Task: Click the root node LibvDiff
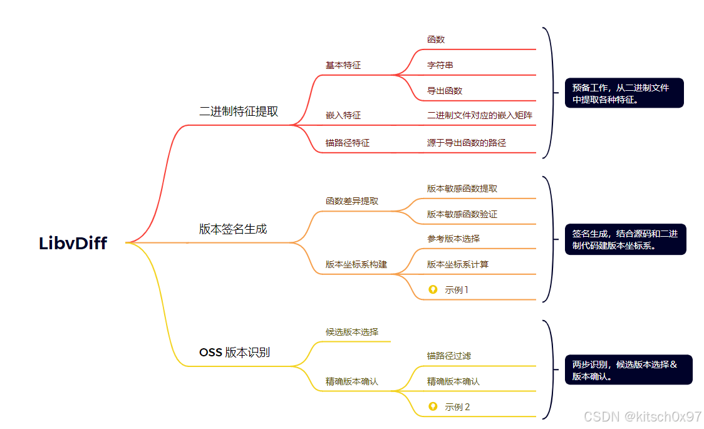pos(73,244)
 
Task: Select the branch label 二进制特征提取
pos(239,111)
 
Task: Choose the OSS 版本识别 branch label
pos(234,353)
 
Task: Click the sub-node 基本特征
pos(343,65)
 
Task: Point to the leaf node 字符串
pos(440,65)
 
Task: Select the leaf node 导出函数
pos(445,91)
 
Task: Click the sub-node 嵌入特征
pos(343,116)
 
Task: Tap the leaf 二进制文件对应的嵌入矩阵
pos(480,116)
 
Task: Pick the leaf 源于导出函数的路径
pos(467,143)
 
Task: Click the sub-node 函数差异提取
pos(352,202)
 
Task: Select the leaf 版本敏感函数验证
pos(462,214)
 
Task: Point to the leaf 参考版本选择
pos(453,239)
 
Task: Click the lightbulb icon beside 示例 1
pos(432,289)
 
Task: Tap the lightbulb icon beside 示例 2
pos(432,406)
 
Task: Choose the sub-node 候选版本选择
pos(352,332)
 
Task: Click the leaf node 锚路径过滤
pos(449,356)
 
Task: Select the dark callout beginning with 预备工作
pos(624,93)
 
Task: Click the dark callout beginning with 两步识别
pos(628,370)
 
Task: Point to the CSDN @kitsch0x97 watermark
pos(643,416)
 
